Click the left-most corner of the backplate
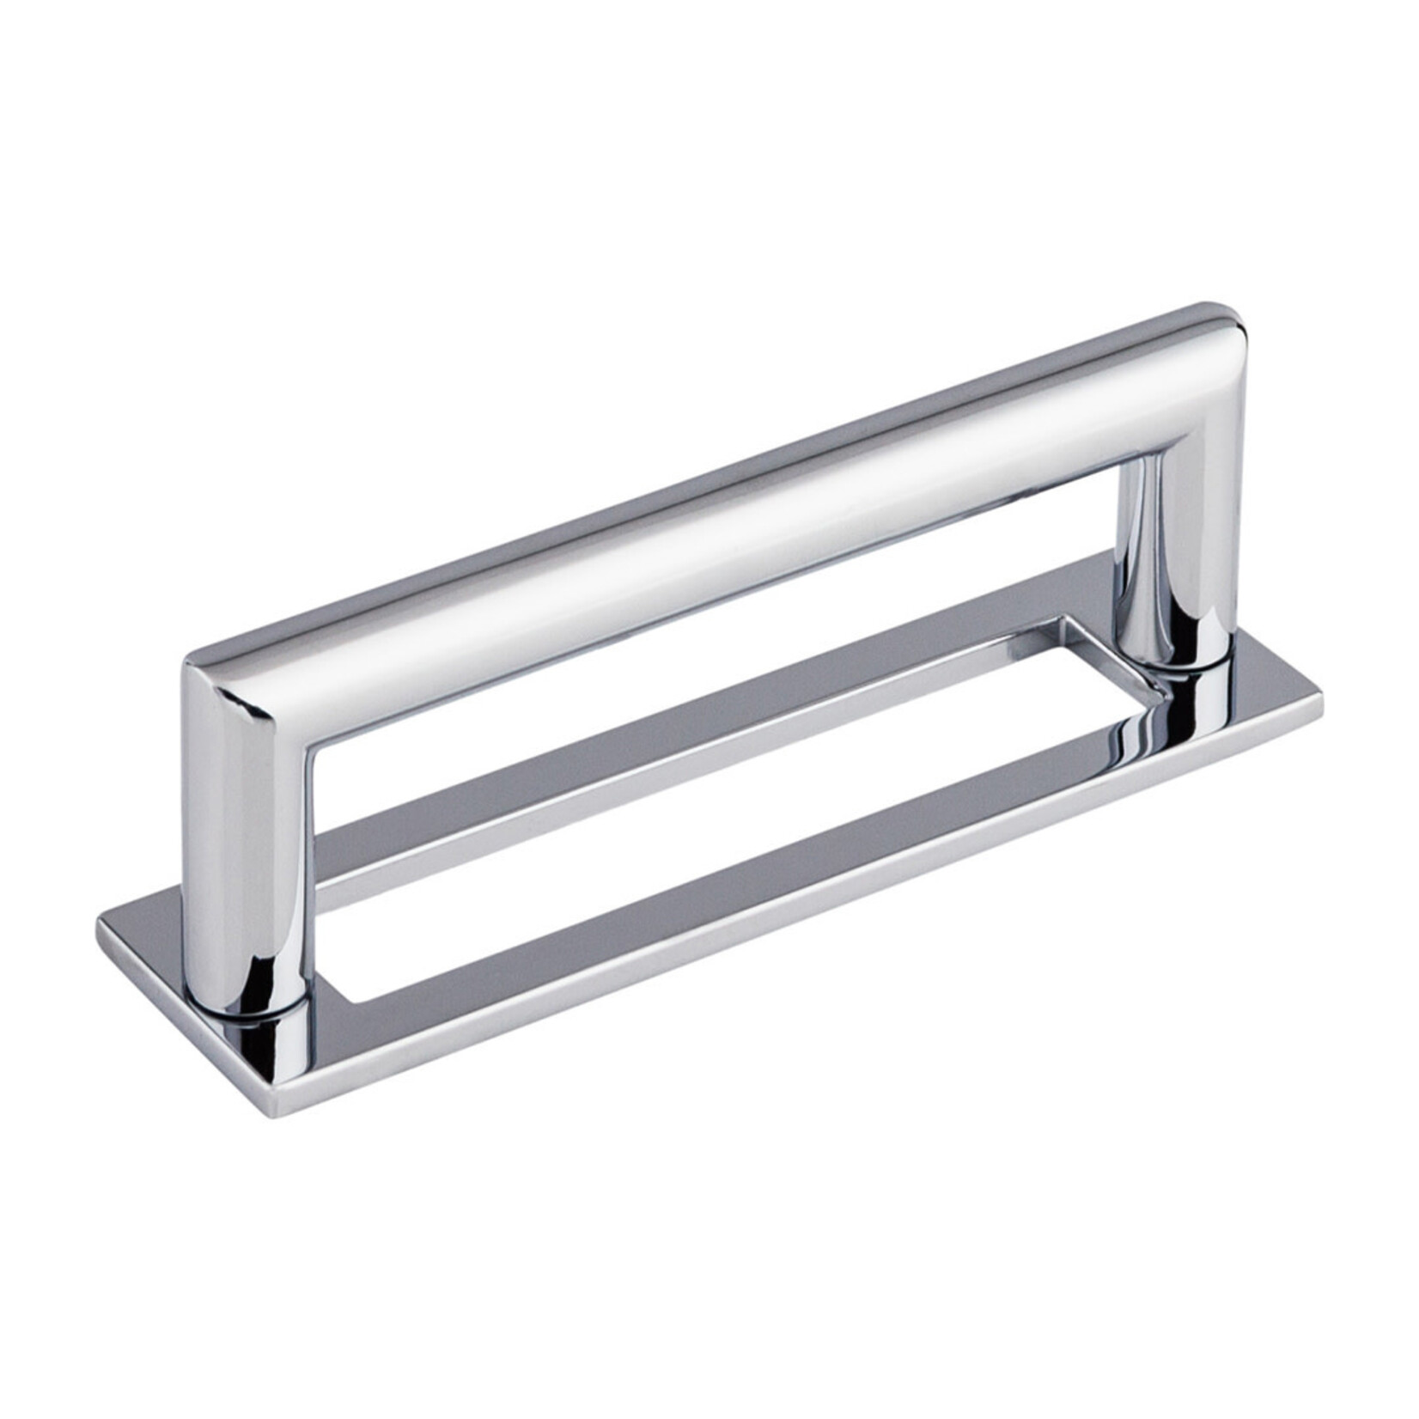click(x=101, y=921)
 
